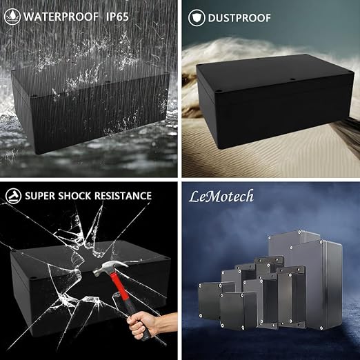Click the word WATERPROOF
[x=61, y=17]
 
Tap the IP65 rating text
[x=117, y=17]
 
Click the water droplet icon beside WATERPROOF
[x=12, y=17]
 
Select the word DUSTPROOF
[x=239, y=18]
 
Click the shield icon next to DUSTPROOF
[x=197, y=18]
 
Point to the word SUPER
[x=40, y=196]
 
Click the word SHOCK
[x=74, y=196]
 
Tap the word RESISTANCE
[x=123, y=196]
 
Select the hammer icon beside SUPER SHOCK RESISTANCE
[x=13, y=196]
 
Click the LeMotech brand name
[x=221, y=197]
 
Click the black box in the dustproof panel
[x=274, y=101]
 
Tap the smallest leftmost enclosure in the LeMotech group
[x=210, y=301]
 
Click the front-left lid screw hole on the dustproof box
[x=219, y=92]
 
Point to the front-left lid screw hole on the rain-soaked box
[x=33, y=95]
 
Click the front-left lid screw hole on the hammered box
[x=32, y=278]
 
